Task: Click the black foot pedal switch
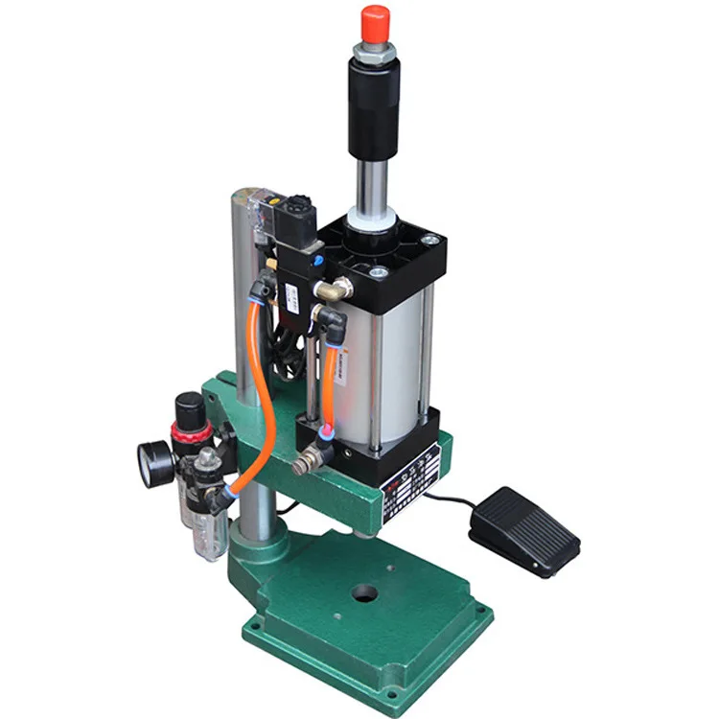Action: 524,530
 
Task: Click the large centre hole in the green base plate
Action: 365,592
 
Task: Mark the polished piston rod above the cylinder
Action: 371,182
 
